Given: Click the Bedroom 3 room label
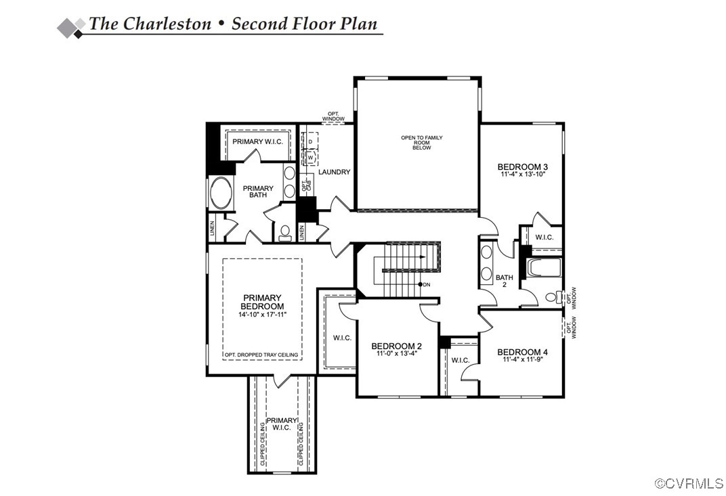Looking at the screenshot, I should pos(522,166).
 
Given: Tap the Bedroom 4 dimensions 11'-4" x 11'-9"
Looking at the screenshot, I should pos(523,360).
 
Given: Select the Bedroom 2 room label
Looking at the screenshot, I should pos(397,344).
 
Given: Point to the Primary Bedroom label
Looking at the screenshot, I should pos(262,302).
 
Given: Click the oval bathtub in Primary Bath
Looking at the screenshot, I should pos(221,193).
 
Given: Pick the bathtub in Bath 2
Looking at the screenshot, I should pos(544,267).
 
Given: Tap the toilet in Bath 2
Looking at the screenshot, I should pos(553,296).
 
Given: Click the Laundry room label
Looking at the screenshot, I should pos(334,172).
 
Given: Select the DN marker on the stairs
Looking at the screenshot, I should pos(425,284).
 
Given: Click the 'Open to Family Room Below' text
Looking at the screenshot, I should pos(421,142).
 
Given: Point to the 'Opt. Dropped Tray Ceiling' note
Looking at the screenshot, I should pos(262,355).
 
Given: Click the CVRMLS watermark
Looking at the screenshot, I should pos(689,483).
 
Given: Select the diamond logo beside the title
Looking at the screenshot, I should pos(71,26).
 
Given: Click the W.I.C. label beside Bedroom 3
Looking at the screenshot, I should pos(544,237).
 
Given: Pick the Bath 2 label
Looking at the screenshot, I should pos(504,281).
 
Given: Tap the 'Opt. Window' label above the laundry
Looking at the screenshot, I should pos(333,116).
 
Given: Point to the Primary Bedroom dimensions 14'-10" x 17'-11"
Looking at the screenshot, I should pos(262,315).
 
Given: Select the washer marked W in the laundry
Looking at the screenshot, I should pos(311,156).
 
